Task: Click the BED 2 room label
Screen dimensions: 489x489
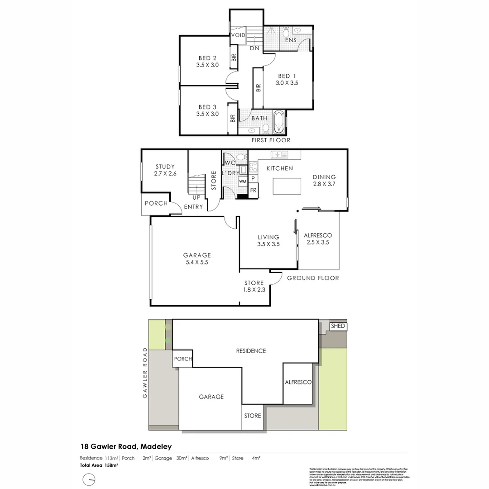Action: [x=207, y=61]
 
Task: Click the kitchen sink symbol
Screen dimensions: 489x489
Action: [x=279, y=155]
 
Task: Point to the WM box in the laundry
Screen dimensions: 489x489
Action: [x=243, y=182]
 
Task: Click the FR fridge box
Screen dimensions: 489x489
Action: [x=253, y=190]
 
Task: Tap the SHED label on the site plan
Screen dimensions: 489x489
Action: [x=338, y=326]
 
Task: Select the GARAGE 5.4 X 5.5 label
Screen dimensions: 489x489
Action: [x=197, y=259]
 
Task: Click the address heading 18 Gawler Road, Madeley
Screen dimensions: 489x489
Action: [x=126, y=447]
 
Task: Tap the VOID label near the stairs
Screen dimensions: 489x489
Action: [x=238, y=35]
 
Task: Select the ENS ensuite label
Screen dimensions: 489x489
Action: [x=291, y=40]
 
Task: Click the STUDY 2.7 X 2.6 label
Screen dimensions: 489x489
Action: [x=165, y=170]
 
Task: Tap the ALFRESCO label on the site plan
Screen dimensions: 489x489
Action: [x=298, y=383]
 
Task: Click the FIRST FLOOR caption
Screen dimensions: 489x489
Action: [x=271, y=140]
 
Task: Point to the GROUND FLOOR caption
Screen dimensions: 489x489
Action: [x=313, y=278]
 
